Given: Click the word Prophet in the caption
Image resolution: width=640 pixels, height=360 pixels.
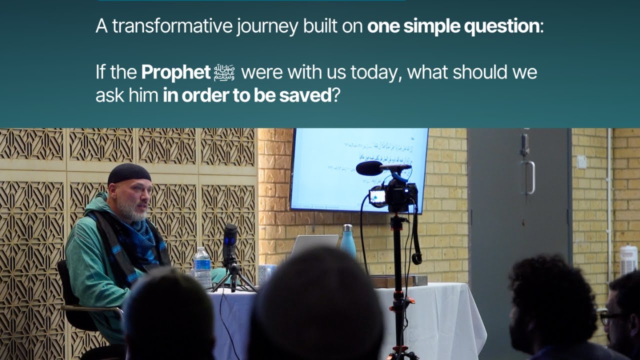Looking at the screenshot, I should coord(175,72).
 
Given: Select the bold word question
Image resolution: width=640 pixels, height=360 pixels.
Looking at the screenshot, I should coord(501,26).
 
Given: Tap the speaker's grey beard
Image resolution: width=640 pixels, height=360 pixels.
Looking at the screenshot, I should coord(131,210).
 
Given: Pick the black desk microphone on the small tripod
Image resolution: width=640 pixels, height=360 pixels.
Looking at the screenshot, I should coord(230,245).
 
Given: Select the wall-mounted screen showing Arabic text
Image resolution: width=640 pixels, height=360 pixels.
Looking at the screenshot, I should coord(359,169).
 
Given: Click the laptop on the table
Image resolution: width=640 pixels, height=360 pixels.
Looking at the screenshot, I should coord(314,245).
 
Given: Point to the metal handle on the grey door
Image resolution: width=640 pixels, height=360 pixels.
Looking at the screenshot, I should coord(530,177).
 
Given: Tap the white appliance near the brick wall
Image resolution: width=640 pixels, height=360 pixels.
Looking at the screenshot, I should coord(628,260).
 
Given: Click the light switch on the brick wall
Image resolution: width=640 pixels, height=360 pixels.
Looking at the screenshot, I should coord(581,162).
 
